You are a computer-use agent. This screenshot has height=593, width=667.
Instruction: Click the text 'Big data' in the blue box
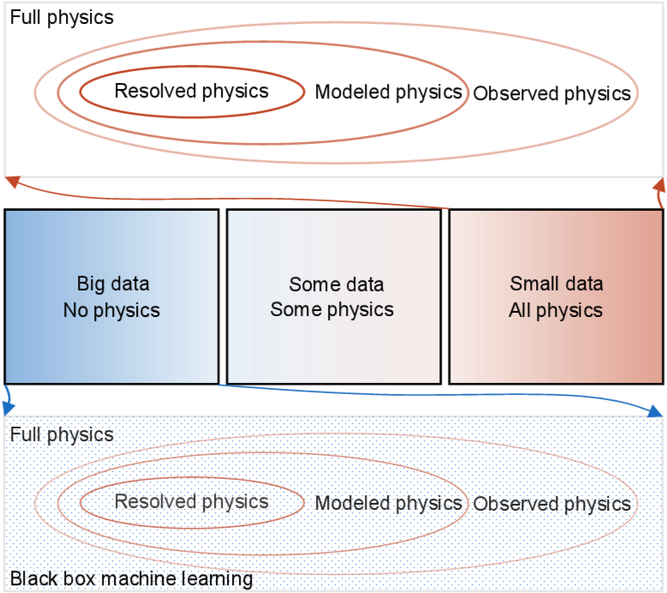tap(113, 284)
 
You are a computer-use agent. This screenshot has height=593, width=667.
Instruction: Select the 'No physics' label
tap(111, 309)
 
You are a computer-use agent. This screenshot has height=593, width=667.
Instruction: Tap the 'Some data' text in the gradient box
tap(336, 284)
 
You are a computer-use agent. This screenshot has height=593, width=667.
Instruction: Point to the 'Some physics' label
tap(332, 309)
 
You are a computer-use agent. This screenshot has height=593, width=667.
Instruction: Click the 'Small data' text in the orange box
tap(557, 284)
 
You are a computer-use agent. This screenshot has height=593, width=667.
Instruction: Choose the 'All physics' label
tap(556, 309)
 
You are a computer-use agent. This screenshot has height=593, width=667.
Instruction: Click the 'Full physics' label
tap(62, 434)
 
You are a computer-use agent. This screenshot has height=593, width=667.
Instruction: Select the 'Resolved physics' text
tap(191, 502)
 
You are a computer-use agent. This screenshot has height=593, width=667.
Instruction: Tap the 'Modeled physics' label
tap(389, 503)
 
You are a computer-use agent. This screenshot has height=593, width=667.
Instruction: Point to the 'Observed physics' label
tap(552, 504)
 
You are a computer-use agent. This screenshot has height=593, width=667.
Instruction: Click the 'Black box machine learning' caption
tap(131, 579)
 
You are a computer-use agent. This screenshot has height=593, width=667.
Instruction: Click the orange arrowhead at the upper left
tap(11, 180)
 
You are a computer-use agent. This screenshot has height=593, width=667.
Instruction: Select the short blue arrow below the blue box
tap(7, 398)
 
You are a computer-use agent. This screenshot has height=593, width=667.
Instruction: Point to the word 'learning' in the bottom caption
tap(217, 579)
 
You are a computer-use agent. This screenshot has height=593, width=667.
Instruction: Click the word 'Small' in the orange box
tap(533, 284)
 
